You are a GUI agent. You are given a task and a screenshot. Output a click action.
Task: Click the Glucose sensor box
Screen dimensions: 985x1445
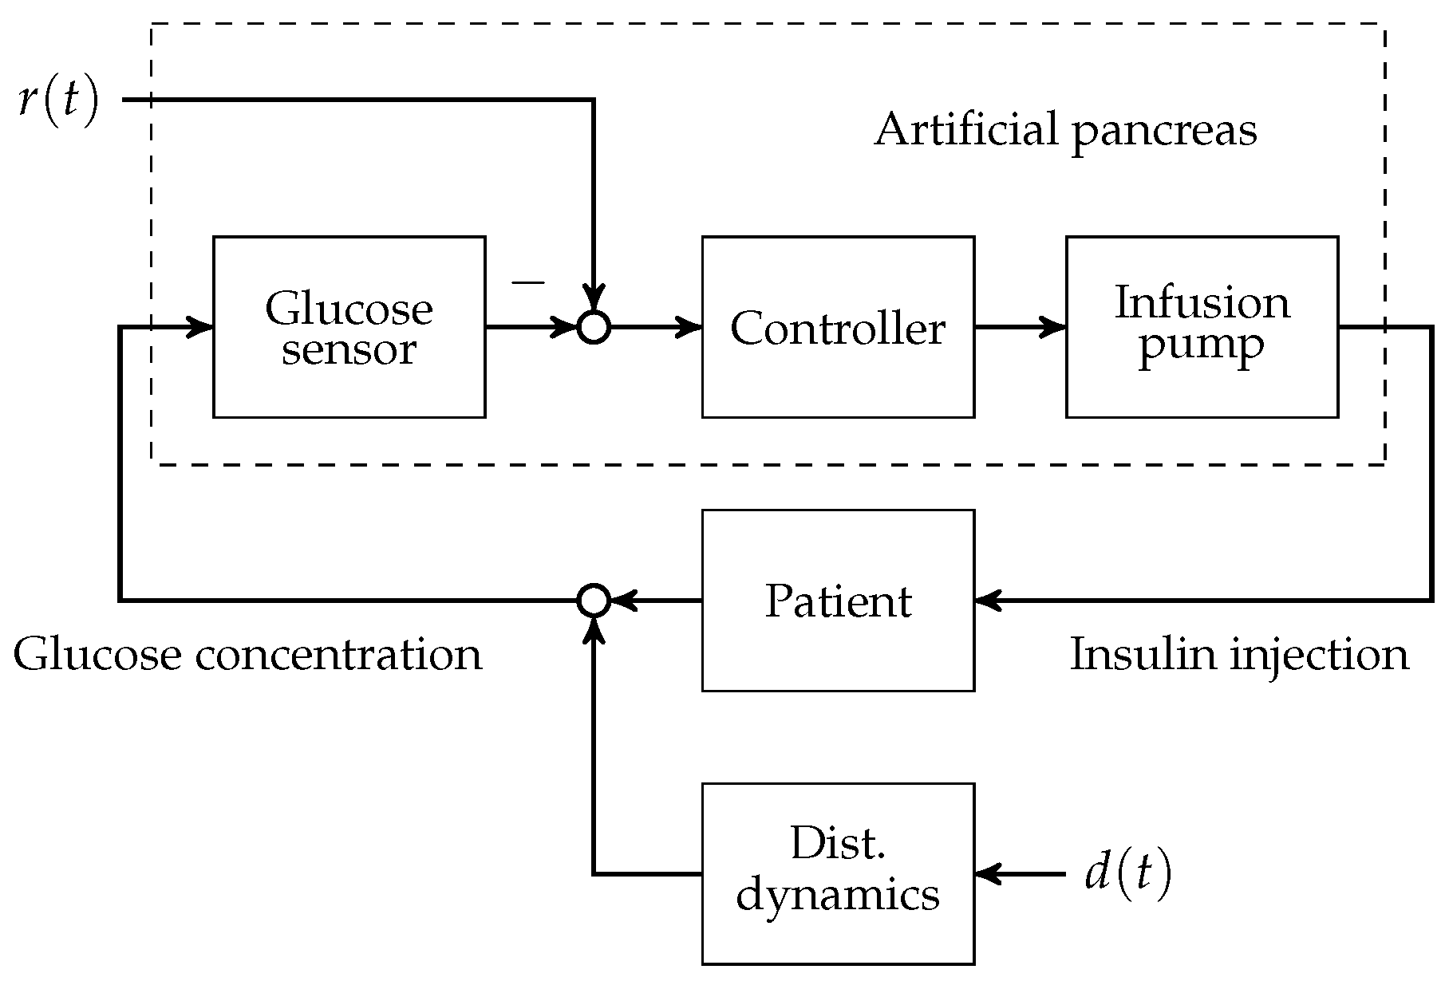[x=349, y=327]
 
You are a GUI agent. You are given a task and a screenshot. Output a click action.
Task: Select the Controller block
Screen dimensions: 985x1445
[x=837, y=327]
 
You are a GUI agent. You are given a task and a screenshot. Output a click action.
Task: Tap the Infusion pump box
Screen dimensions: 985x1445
[x=1201, y=327]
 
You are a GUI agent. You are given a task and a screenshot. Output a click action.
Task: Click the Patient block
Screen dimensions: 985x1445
[x=837, y=601]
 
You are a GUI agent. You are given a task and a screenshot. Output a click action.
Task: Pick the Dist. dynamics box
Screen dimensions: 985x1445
[x=837, y=874]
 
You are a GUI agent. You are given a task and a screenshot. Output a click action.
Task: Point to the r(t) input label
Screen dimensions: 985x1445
[x=57, y=102]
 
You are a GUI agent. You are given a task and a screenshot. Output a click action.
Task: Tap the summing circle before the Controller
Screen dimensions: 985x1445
[x=593, y=327]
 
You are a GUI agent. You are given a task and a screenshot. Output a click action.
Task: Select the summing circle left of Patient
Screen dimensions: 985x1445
[x=593, y=601]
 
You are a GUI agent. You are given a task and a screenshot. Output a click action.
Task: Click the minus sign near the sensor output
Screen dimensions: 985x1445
[x=527, y=282]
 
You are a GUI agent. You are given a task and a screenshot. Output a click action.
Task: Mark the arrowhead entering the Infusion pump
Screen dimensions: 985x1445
[x=1055, y=327]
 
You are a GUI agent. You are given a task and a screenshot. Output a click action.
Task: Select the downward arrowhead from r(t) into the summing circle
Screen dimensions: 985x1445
[x=593, y=297]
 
